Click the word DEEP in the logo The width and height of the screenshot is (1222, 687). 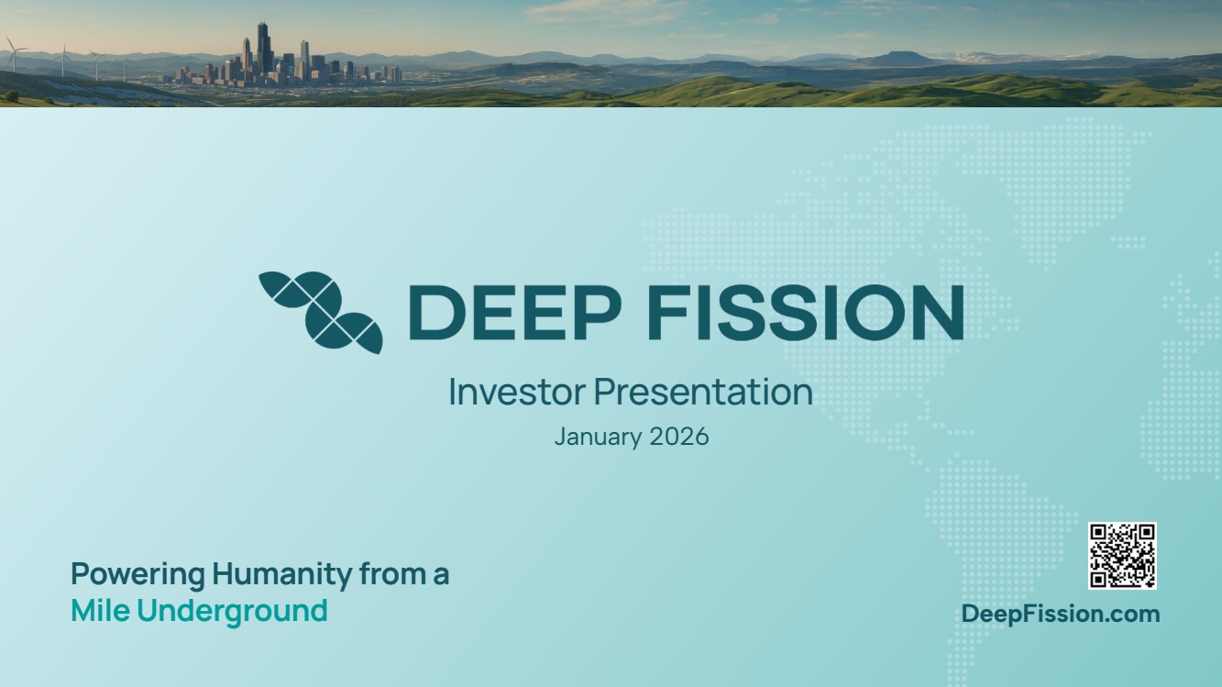pyautogui.click(x=515, y=312)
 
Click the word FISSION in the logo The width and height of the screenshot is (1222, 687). pyautogui.click(x=805, y=312)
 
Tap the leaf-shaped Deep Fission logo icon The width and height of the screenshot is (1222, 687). pyautogui.click(x=321, y=312)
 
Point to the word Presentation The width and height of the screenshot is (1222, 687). pyautogui.click(x=703, y=392)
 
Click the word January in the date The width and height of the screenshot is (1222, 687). pyautogui.click(x=598, y=438)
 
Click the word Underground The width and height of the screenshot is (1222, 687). pyautogui.click(x=232, y=612)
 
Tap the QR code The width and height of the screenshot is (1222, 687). pyautogui.click(x=1122, y=556)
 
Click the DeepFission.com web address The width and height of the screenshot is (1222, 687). pyautogui.click(x=1061, y=614)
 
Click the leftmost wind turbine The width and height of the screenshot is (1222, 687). pyautogui.click(x=13, y=53)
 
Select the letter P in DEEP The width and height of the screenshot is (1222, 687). pyautogui.click(x=597, y=312)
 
